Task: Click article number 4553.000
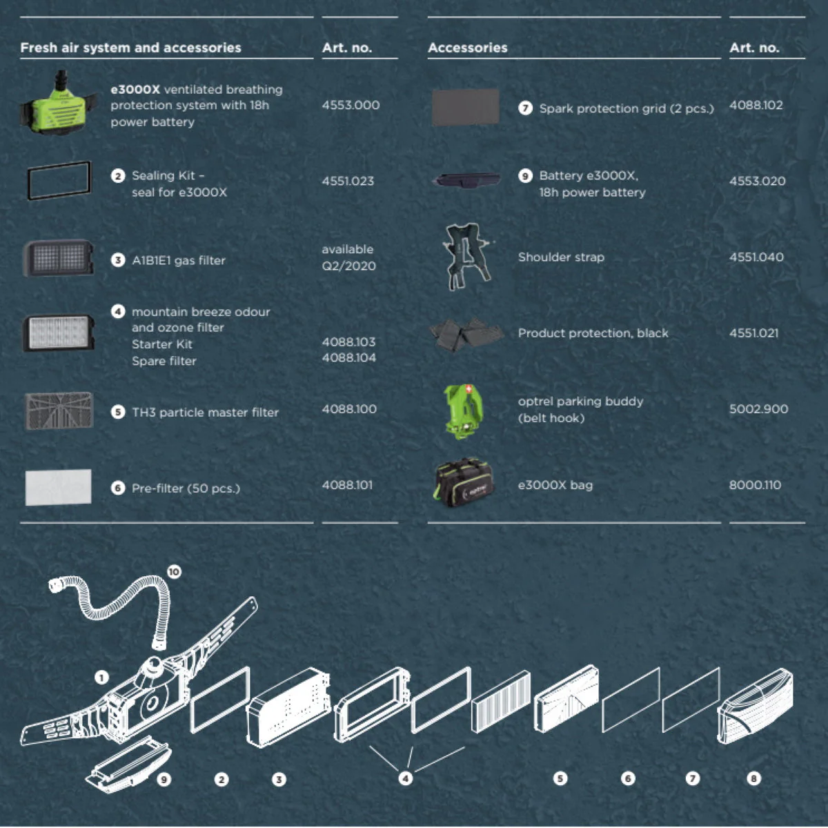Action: click(x=351, y=106)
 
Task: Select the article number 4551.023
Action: click(x=348, y=181)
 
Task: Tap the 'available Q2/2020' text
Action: click(x=348, y=257)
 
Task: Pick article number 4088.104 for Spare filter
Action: click(x=349, y=357)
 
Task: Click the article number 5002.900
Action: click(x=758, y=408)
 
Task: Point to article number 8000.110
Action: click(x=755, y=485)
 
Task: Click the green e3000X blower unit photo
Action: click(x=58, y=103)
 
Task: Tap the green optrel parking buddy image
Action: click(x=463, y=412)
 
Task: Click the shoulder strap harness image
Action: click(x=466, y=257)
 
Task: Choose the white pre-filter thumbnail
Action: click(x=59, y=487)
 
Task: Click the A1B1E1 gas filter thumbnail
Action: click(x=58, y=258)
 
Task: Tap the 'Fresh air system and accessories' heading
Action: click(x=130, y=48)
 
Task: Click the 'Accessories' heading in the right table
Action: click(x=468, y=48)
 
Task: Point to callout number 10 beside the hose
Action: click(x=174, y=572)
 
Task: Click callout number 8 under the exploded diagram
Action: click(x=753, y=778)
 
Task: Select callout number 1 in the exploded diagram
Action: click(x=101, y=678)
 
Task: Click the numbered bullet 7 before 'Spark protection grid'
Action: click(x=525, y=108)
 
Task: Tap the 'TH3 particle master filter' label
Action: click(x=206, y=413)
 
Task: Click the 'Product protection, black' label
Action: click(x=593, y=333)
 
